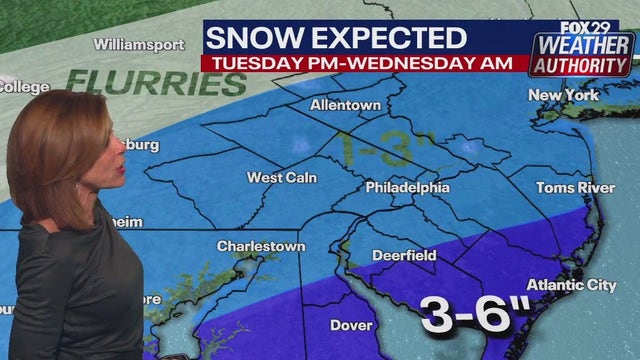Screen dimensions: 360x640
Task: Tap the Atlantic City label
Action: [571, 285]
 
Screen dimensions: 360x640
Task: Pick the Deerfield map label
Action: [404, 255]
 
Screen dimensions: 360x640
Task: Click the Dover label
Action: [351, 324]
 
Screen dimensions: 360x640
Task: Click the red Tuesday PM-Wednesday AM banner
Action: [364, 62]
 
